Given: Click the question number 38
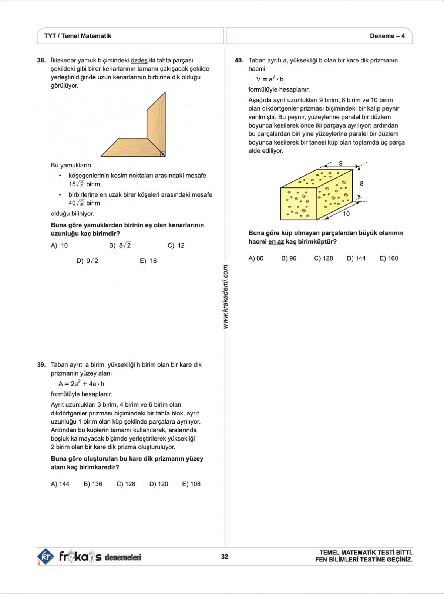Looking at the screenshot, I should (41, 60).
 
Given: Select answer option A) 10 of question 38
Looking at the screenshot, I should (59, 245).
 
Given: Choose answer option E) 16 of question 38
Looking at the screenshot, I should (148, 261).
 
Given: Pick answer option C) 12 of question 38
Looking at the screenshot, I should (176, 245).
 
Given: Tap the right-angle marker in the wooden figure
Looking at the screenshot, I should (162, 153).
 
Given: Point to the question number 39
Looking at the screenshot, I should (41, 365).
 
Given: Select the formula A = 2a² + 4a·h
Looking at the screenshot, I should (81, 383).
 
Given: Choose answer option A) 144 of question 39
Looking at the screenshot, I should (60, 484).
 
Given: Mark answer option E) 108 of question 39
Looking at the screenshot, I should (191, 484).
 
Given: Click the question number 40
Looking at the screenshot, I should (239, 60).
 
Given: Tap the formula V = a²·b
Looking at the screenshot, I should (270, 79).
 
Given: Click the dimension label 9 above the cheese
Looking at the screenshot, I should (341, 163).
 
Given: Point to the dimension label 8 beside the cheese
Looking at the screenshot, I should (361, 183).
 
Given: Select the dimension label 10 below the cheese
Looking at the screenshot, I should (346, 214).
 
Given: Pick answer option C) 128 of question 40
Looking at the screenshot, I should (323, 258).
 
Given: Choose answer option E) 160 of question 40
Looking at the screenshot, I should (389, 258).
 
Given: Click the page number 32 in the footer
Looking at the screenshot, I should (225, 557).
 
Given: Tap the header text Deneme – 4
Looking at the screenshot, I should (387, 36).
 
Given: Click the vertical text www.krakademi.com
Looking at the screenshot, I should (226, 297).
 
